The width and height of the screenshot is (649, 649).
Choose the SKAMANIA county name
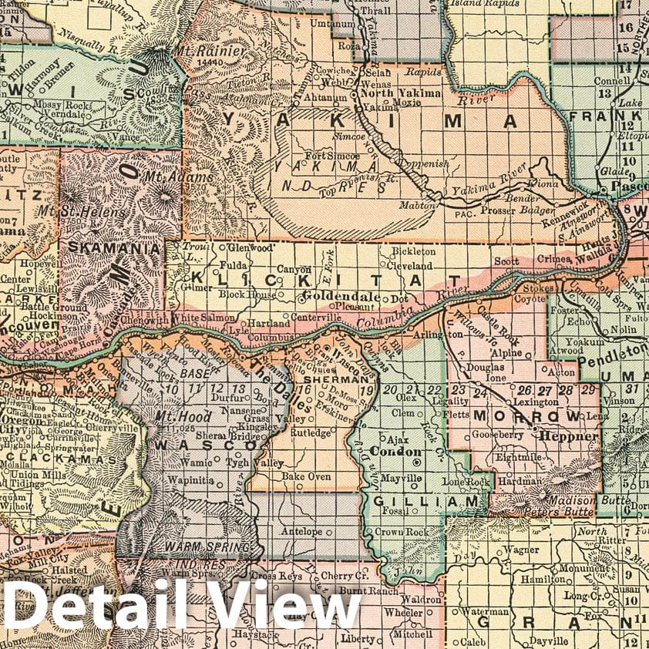pos(116,248)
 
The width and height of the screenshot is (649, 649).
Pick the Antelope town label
pos(301,532)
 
